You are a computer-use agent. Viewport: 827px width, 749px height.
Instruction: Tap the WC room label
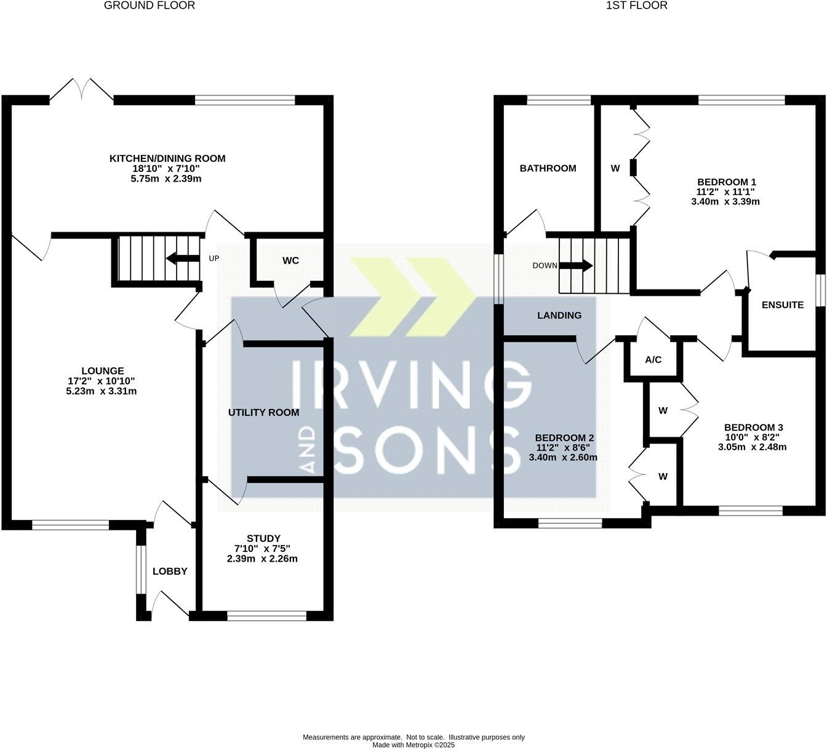tap(290, 261)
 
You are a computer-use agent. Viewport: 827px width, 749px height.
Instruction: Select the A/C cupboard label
tap(653, 360)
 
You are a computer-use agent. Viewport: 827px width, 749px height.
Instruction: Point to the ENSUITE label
tap(782, 305)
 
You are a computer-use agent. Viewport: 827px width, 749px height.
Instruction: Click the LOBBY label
tap(170, 572)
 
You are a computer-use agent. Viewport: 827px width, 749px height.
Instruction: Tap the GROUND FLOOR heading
tap(150, 6)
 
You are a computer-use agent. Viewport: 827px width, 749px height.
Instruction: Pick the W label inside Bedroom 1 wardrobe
tap(615, 168)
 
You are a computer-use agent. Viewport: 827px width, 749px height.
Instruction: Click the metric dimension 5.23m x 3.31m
tap(101, 391)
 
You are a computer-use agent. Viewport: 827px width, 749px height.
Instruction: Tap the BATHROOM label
tap(548, 168)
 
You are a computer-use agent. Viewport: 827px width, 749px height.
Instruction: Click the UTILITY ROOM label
tap(263, 412)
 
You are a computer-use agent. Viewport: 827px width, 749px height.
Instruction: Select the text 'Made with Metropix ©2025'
tap(413, 745)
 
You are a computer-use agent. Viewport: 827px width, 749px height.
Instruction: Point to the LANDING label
tap(559, 315)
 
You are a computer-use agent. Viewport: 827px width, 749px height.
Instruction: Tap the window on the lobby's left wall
tap(140, 570)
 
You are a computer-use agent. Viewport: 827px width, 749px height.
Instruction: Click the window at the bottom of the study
tap(266, 615)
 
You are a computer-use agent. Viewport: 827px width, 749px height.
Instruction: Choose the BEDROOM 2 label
tap(564, 438)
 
